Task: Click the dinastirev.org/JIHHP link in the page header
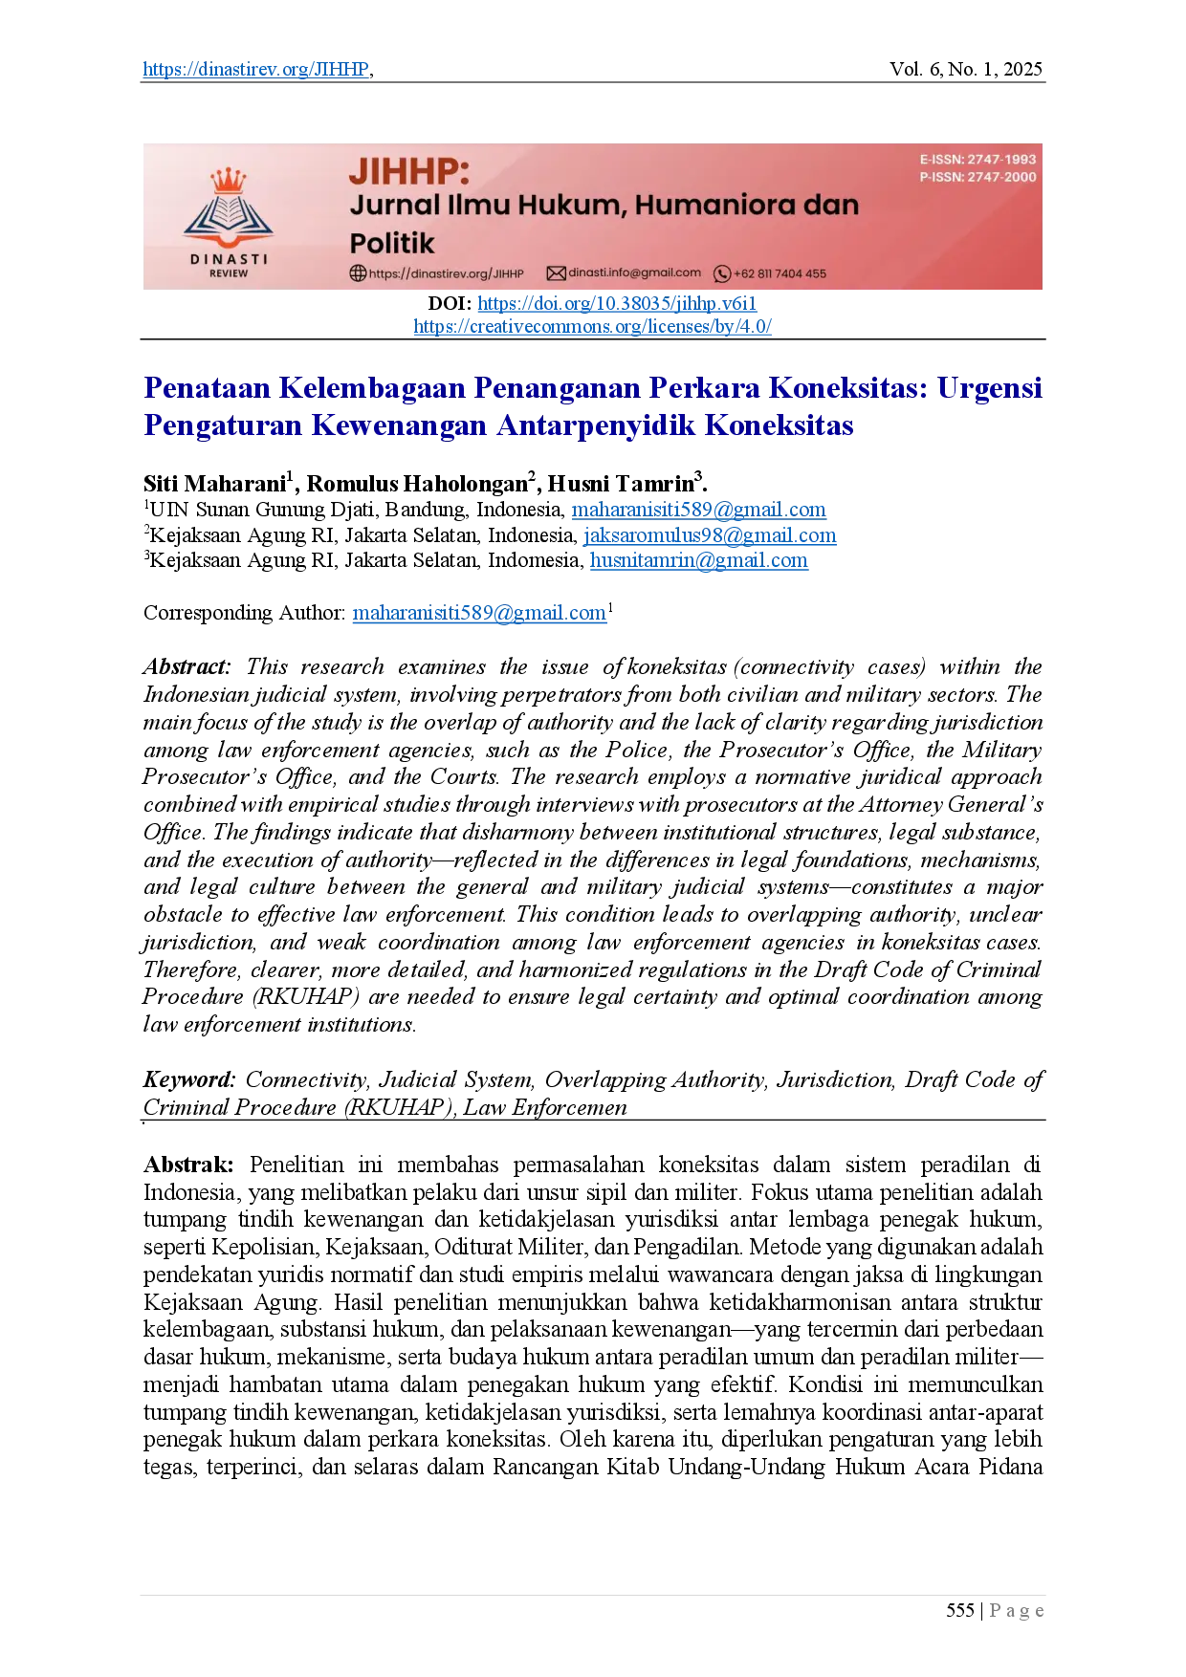pyautogui.click(x=256, y=69)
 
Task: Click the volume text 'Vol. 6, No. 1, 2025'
pyautogui.click(x=966, y=69)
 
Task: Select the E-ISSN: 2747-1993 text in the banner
pyautogui.click(x=977, y=160)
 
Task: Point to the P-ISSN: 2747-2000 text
pyautogui.click(x=977, y=177)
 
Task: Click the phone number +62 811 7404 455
pyautogui.click(x=780, y=273)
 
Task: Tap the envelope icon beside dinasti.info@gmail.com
pyautogui.click(x=556, y=273)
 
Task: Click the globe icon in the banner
pyautogui.click(x=358, y=273)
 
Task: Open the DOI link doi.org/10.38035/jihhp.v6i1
pyautogui.click(x=617, y=304)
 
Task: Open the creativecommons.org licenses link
pyautogui.click(x=592, y=327)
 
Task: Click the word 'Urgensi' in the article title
pyautogui.click(x=989, y=389)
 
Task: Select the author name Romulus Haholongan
pyautogui.click(x=417, y=484)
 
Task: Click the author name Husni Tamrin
pyautogui.click(x=621, y=484)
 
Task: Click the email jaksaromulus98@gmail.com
pyautogui.click(x=710, y=536)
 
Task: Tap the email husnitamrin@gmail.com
pyautogui.click(x=699, y=561)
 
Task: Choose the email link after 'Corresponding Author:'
pyautogui.click(x=479, y=614)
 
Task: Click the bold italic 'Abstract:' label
pyautogui.click(x=187, y=667)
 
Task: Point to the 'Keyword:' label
pyautogui.click(x=189, y=1080)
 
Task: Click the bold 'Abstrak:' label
pyautogui.click(x=188, y=1165)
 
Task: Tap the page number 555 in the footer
pyautogui.click(x=960, y=1611)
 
